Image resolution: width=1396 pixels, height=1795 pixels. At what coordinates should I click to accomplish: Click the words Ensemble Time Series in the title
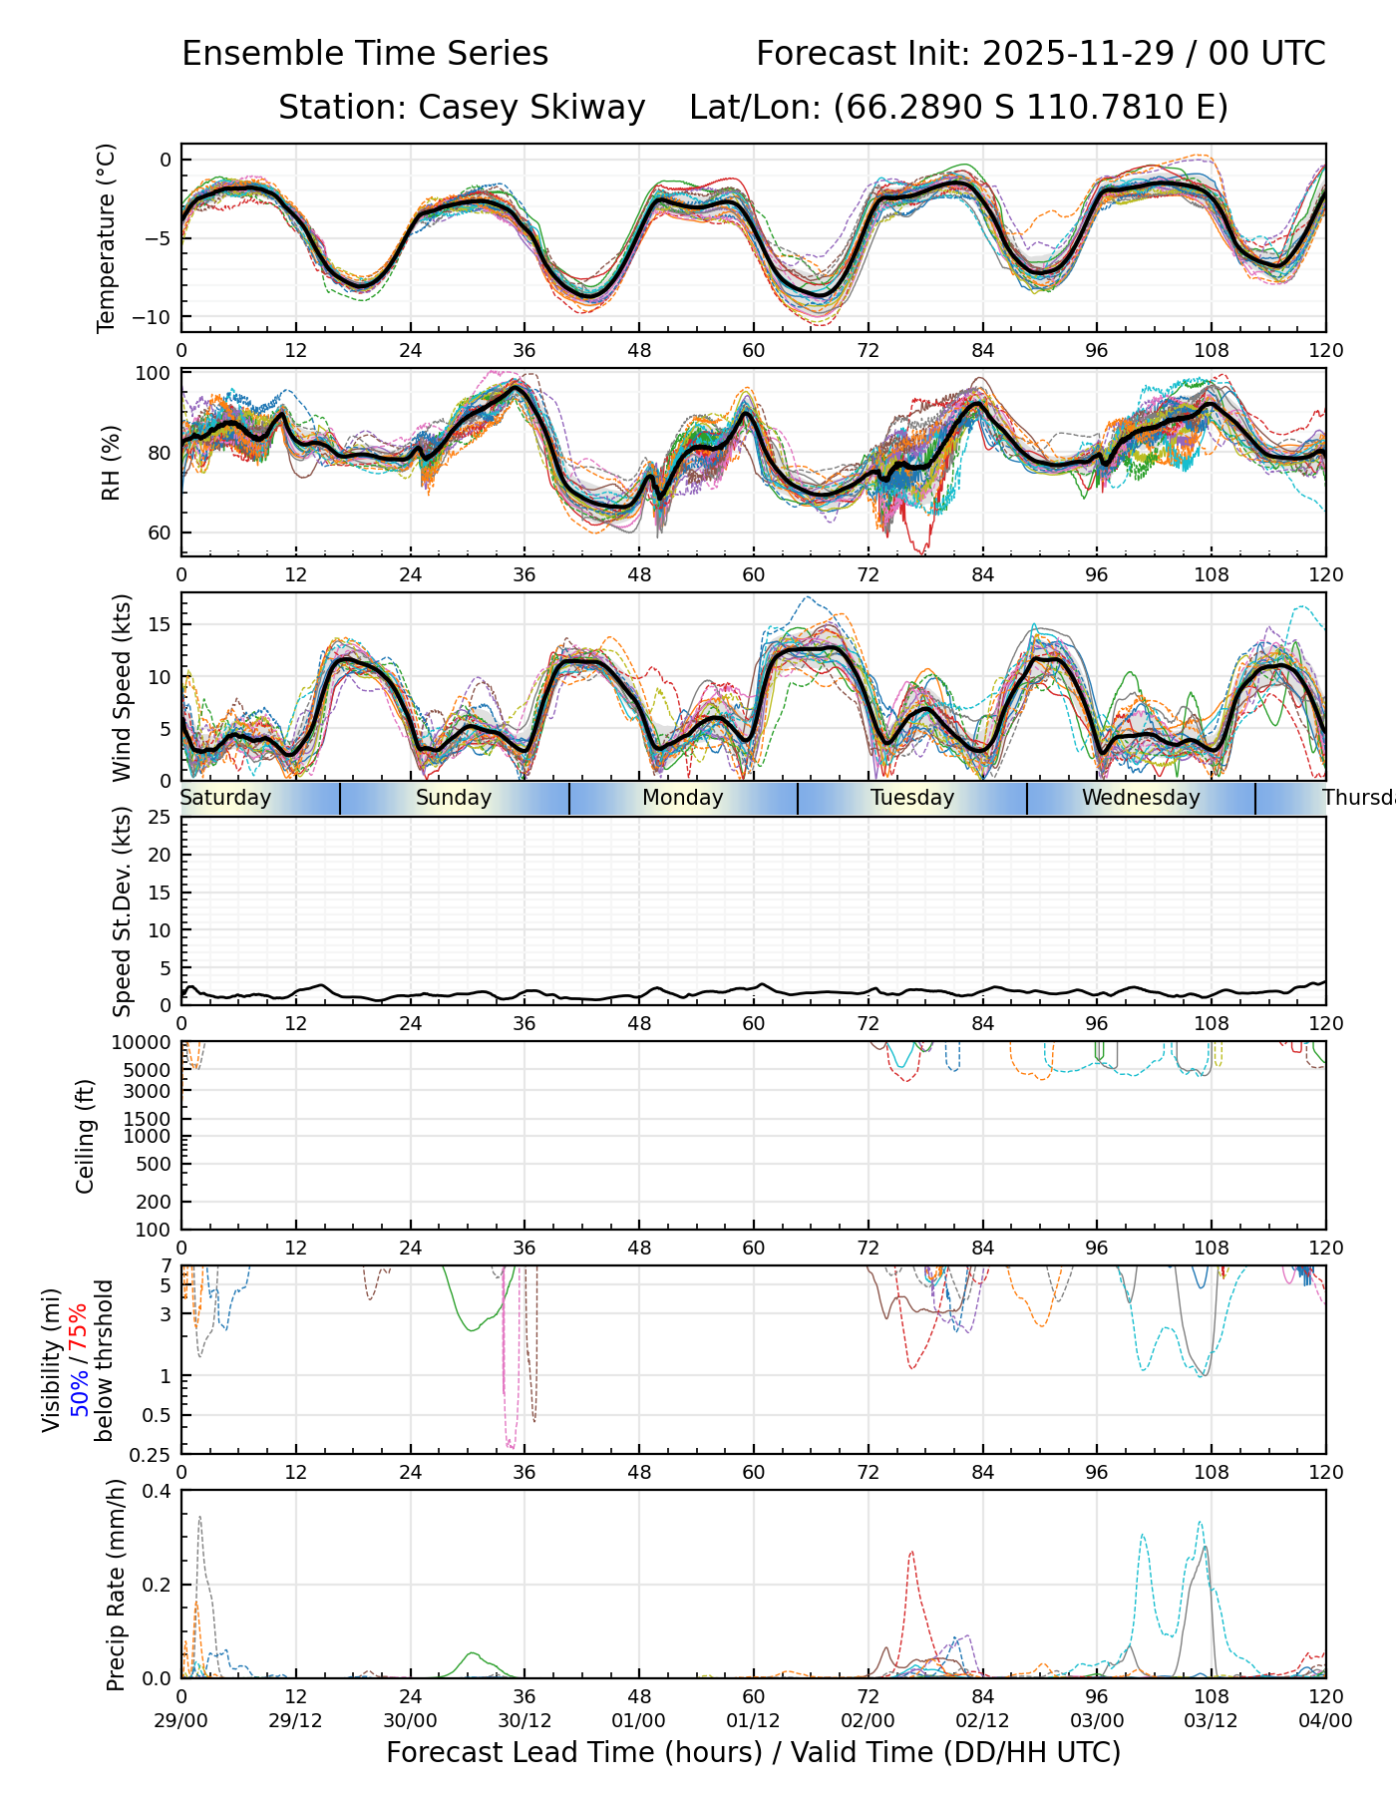[x=365, y=54]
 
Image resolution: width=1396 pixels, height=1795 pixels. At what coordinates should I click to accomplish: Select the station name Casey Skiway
[x=531, y=108]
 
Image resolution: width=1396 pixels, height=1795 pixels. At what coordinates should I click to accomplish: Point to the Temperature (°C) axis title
[x=107, y=237]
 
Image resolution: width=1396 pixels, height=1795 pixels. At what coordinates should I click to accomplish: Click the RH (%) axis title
[x=111, y=462]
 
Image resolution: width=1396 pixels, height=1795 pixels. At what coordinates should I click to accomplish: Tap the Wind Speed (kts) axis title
[x=122, y=687]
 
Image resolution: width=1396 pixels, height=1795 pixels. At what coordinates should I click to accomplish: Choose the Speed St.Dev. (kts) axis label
[x=122, y=910]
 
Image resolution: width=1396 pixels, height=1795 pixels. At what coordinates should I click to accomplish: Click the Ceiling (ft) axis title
[x=86, y=1136]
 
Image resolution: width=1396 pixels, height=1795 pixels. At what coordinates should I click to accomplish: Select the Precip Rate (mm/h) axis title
[x=116, y=1585]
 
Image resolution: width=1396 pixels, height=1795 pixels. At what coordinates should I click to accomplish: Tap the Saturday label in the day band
[x=225, y=798]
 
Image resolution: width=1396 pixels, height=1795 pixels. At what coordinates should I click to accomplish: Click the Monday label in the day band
[x=683, y=798]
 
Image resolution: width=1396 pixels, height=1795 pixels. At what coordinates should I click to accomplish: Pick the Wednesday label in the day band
[x=1141, y=798]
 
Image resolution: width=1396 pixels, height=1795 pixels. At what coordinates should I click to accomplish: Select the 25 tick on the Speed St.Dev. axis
[x=161, y=818]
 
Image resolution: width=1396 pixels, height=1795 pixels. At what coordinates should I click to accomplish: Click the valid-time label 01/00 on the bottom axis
[x=639, y=1720]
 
